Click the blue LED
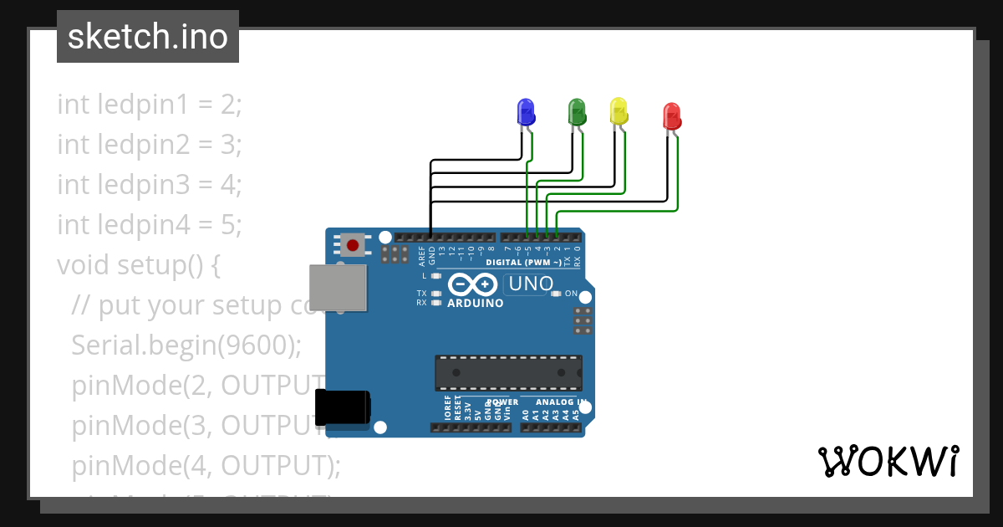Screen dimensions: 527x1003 click(x=526, y=112)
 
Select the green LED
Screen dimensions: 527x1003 click(x=576, y=112)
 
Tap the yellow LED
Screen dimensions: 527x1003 click(x=619, y=111)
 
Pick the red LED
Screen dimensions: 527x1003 click(x=671, y=116)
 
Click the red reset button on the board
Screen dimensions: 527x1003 click(x=353, y=245)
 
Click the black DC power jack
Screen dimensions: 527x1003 click(x=342, y=407)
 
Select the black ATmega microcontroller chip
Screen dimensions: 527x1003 click(x=508, y=372)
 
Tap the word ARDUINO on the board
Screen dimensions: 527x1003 click(x=476, y=303)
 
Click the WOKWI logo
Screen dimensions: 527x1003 click(x=888, y=461)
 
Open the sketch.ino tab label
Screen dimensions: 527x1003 click(x=148, y=37)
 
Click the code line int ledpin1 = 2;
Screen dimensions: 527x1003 click(x=149, y=105)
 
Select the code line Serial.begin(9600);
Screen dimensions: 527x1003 click(x=186, y=345)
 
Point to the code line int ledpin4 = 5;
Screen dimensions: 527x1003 click(x=149, y=225)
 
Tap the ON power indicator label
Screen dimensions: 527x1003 click(x=572, y=294)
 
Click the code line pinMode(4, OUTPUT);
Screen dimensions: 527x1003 click(x=206, y=465)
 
